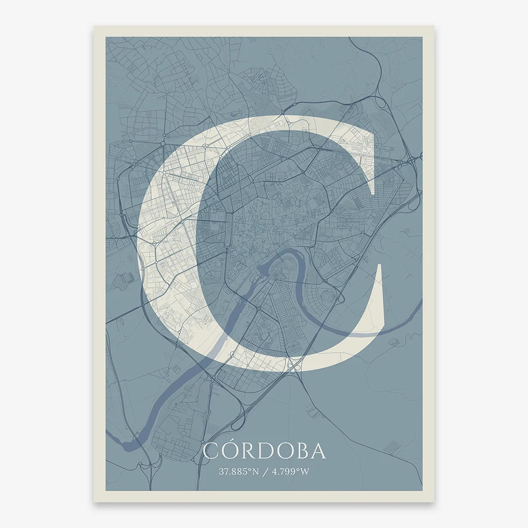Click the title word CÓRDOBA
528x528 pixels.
264,451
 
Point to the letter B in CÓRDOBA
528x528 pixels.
302,451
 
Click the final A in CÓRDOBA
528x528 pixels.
318,451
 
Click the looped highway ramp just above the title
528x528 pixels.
237,423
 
